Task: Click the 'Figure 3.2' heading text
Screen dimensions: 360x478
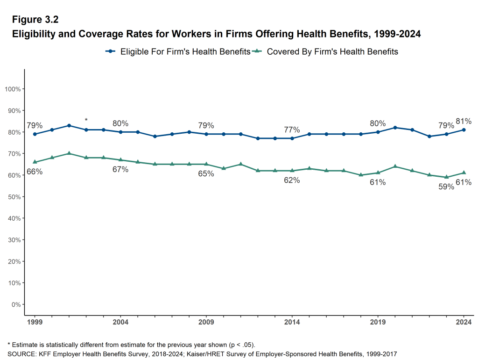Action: coord(35,20)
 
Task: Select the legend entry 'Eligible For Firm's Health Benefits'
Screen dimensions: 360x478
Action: coord(185,51)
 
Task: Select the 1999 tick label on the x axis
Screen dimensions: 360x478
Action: coord(35,322)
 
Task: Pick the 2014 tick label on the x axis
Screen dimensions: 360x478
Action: coord(292,322)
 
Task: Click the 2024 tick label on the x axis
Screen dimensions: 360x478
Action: coord(464,322)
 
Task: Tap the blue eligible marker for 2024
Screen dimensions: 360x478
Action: coord(464,130)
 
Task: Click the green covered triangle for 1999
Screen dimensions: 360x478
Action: coord(35,162)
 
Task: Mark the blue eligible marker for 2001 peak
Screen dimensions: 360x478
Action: coord(69,125)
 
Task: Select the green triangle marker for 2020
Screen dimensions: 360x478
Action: coord(395,166)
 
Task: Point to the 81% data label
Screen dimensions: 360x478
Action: coord(464,121)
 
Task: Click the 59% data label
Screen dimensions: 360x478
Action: coord(446,187)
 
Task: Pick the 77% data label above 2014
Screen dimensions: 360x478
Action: coord(292,130)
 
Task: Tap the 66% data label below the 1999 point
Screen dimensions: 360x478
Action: coord(35,172)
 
